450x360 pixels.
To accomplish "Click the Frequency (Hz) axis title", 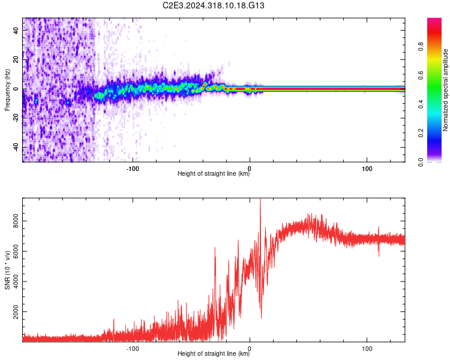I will point(7,89).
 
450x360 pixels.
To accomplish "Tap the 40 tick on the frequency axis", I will point(16,31).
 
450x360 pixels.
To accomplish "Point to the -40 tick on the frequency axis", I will point(16,147).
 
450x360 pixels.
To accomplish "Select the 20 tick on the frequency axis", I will point(16,60).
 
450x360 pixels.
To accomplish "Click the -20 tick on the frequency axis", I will point(16,118).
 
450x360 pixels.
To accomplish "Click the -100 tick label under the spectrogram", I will point(133,168).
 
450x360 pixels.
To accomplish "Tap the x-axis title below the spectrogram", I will point(214,175).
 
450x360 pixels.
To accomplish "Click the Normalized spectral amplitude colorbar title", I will point(445,89).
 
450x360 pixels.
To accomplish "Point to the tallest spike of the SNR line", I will point(260,200).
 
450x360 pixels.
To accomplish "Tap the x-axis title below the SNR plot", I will point(214,355).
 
